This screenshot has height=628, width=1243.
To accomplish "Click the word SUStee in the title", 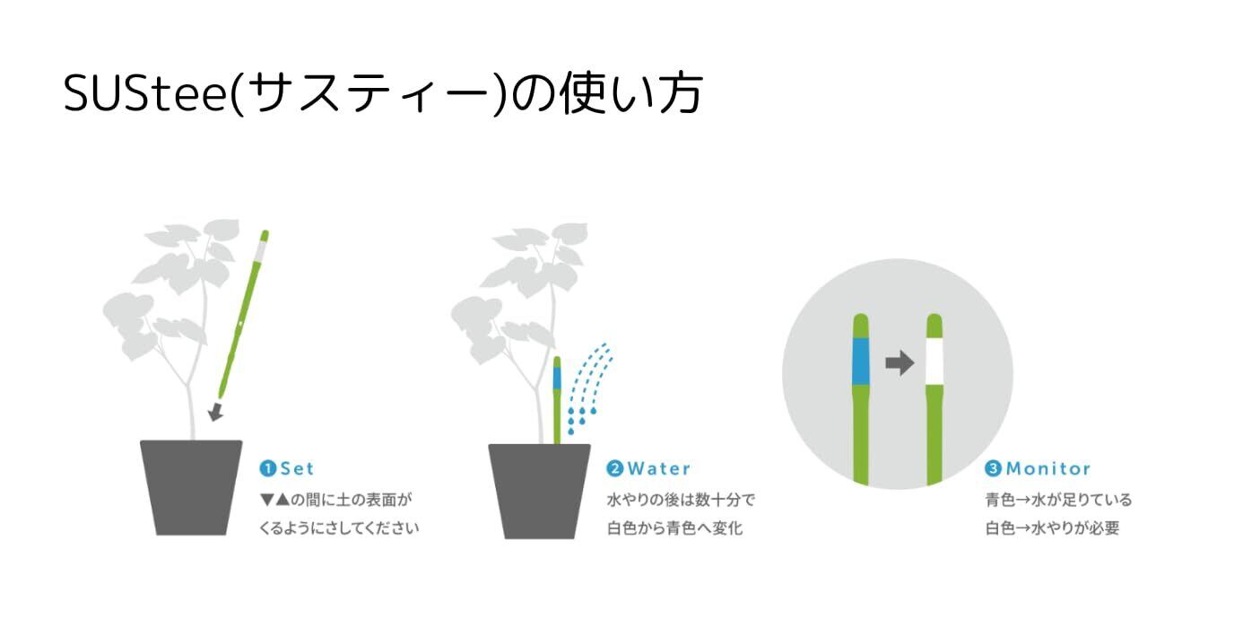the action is [x=145, y=93].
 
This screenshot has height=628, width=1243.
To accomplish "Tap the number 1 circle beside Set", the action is [x=267, y=468].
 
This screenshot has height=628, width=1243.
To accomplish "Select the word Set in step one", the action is [x=297, y=468].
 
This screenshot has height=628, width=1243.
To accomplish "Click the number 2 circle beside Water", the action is [x=615, y=468].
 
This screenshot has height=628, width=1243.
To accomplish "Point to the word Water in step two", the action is [x=659, y=468].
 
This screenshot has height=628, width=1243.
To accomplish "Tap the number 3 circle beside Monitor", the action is [x=993, y=468].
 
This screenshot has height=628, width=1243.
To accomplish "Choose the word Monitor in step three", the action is [x=1048, y=468].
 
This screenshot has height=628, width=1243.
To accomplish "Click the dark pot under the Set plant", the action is [x=191, y=487].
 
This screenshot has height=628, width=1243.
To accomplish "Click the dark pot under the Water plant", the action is [x=539, y=491].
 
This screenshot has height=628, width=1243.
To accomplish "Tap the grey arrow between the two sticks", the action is [x=900, y=363].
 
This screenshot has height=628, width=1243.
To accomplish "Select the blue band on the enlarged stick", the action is [x=861, y=362].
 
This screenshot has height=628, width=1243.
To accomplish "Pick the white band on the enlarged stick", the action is [x=934, y=362].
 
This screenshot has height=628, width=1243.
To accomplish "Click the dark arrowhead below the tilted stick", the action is [x=215, y=412].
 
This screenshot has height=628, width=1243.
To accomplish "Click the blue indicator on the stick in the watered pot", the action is [x=557, y=379].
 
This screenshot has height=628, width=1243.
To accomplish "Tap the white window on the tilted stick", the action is [x=260, y=251].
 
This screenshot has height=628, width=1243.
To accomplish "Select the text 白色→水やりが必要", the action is [x=1053, y=528].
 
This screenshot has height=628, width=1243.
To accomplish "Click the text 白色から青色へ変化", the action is [x=674, y=528].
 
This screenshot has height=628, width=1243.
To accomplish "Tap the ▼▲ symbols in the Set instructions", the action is [x=274, y=500].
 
